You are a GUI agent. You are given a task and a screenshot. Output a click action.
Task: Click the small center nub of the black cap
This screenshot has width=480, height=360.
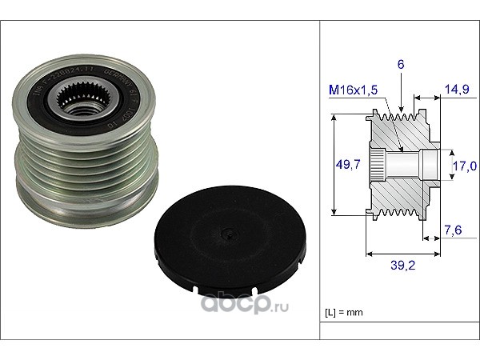tap(228, 234)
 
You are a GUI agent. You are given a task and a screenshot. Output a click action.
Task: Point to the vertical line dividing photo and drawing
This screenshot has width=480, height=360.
tap(321, 180)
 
